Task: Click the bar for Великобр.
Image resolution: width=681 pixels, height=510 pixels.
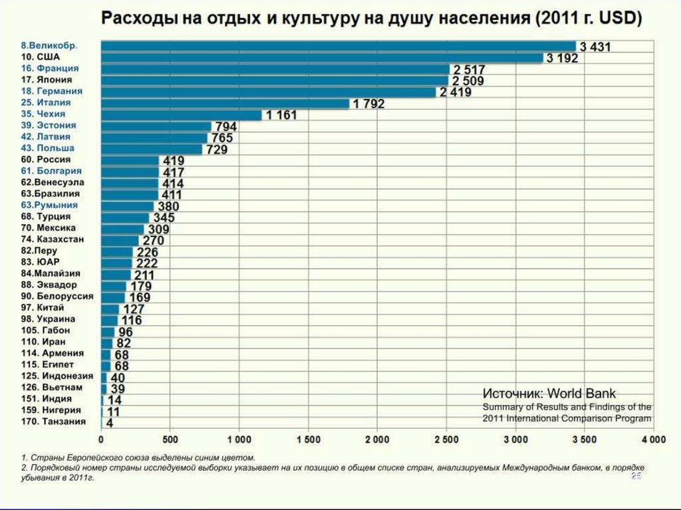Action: tap(338, 46)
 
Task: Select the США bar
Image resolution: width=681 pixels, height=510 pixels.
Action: tap(322, 57)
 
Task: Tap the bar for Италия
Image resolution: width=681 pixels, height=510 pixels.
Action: tap(225, 103)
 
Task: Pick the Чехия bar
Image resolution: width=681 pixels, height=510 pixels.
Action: tap(181, 114)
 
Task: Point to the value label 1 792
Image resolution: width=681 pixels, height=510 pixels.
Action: tap(368, 104)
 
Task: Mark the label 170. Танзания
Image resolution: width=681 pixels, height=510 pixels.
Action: tap(53, 422)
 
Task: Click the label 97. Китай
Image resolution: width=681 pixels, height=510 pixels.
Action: tap(43, 307)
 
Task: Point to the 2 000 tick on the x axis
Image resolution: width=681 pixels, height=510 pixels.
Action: tap(376, 440)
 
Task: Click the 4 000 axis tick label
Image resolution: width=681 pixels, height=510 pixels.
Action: tap(652, 440)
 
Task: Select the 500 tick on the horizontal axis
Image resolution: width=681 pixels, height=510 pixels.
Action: tap(170, 440)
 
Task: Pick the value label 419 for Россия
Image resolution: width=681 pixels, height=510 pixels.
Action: tap(171, 161)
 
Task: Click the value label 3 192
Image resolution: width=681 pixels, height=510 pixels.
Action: tap(562, 59)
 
